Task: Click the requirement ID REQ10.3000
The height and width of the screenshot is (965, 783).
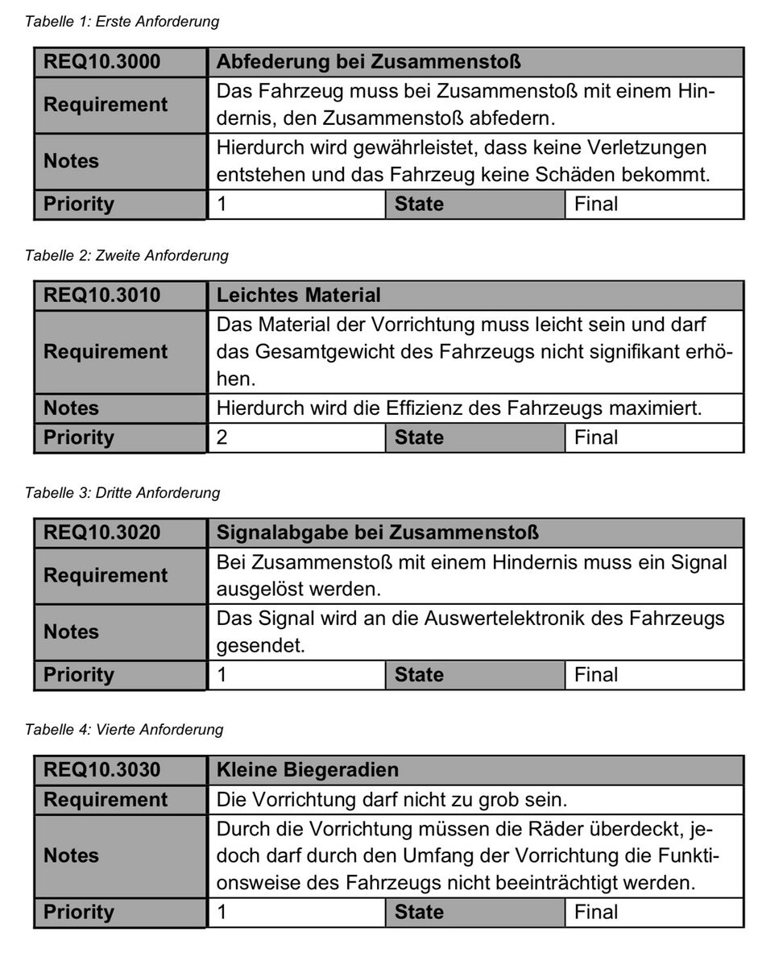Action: pyautogui.click(x=101, y=61)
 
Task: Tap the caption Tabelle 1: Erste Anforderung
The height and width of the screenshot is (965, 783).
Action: pyautogui.click(x=122, y=22)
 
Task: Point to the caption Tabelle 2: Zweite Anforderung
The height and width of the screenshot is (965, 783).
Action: pyautogui.click(x=126, y=256)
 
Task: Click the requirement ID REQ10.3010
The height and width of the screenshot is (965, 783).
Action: pyautogui.click(x=101, y=296)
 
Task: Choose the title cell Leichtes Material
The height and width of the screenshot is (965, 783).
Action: pyautogui.click(x=299, y=296)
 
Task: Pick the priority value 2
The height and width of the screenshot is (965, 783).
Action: pyautogui.click(x=223, y=438)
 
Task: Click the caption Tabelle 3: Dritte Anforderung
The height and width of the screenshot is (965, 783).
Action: pyautogui.click(x=122, y=493)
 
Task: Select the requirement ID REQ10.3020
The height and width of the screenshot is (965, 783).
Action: pyautogui.click(x=101, y=532)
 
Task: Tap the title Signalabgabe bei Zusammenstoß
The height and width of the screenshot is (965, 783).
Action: pyautogui.click(x=378, y=532)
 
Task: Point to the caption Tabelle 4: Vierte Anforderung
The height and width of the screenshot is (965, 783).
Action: pyautogui.click(x=124, y=730)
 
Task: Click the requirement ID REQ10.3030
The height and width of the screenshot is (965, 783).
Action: pyautogui.click(x=101, y=770)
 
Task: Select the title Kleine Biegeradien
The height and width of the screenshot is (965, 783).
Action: pyautogui.click(x=308, y=770)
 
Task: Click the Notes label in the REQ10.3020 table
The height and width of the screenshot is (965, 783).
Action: pyautogui.click(x=71, y=632)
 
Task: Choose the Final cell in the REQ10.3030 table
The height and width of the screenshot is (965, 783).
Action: pyautogui.click(x=596, y=912)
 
